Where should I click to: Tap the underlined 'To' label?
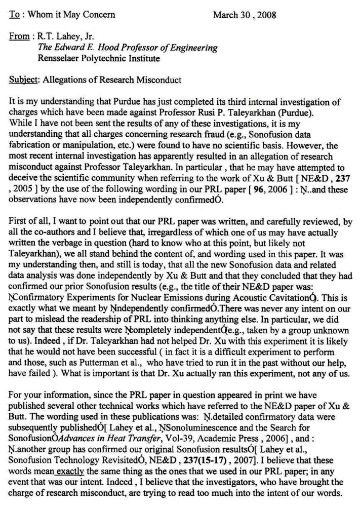pyautogui.click(x=15, y=14)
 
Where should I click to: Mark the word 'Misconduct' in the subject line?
pyautogui.click(x=157, y=80)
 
